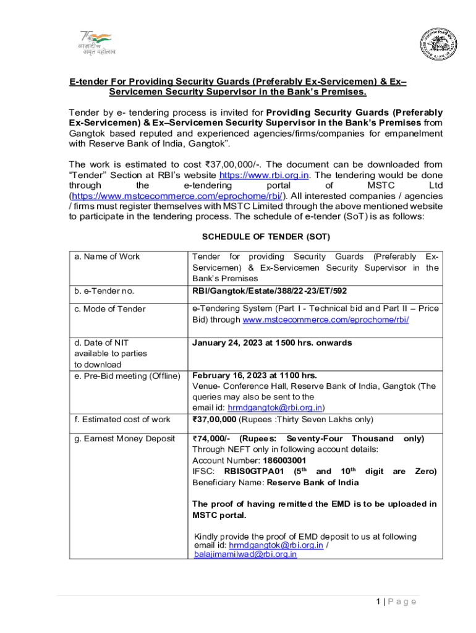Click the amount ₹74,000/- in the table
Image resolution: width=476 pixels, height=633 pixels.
[x=212, y=438]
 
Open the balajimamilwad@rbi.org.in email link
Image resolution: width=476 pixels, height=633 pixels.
[x=245, y=554]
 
